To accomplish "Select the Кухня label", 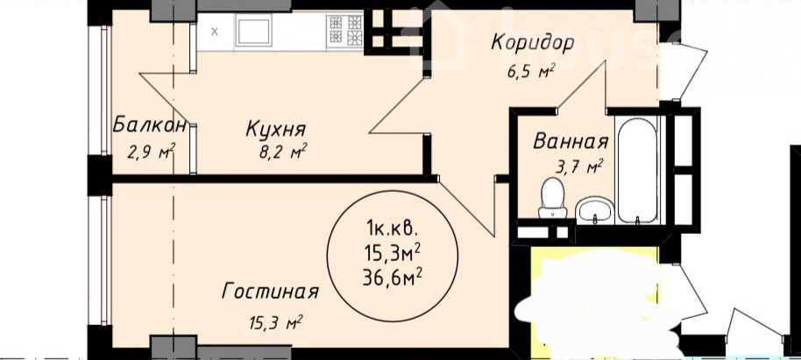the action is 276,129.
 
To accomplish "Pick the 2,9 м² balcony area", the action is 152,152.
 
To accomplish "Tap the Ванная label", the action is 571,141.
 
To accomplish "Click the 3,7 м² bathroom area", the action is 578,166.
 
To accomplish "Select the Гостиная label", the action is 271,292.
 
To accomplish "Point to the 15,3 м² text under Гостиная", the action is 274,322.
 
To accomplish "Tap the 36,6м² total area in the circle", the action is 392,278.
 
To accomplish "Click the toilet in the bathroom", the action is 552,197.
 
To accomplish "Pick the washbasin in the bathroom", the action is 595,210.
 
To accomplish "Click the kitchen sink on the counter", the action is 253,29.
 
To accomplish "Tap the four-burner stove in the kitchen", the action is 345,30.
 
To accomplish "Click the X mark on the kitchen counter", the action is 215,32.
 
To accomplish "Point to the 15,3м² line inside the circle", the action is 393,251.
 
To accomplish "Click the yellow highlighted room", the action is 595,301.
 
